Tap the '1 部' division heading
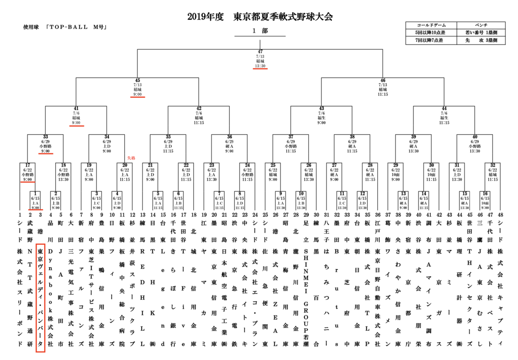pos(260,31)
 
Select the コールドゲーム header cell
pos(431,25)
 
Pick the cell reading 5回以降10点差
pos(431,33)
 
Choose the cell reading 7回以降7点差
pos(431,41)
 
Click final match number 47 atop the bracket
pos(260,52)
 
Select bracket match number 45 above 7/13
pos(137,80)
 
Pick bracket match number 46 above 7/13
pos(382,80)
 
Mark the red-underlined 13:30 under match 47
pos(260,66)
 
